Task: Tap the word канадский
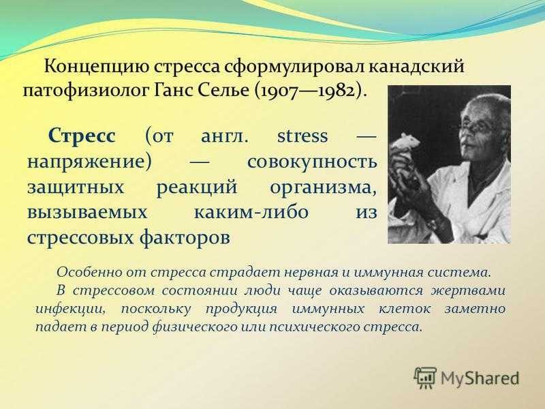pyautogui.click(x=416, y=66)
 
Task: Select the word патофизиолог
pyautogui.click(x=85, y=91)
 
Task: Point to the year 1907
pyautogui.click(x=279, y=91)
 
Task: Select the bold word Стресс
pyautogui.click(x=82, y=135)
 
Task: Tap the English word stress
pyautogui.click(x=302, y=136)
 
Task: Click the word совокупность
pyautogui.click(x=312, y=162)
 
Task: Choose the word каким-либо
pyautogui.click(x=251, y=212)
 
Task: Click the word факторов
pyautogui.click(x=185, y=238)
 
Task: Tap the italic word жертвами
pyautogui.click(x=468, y=290)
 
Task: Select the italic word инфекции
pyautogui.click(x=70, y=309)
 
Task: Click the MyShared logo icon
pyautogui.click(x=425, y=377)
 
